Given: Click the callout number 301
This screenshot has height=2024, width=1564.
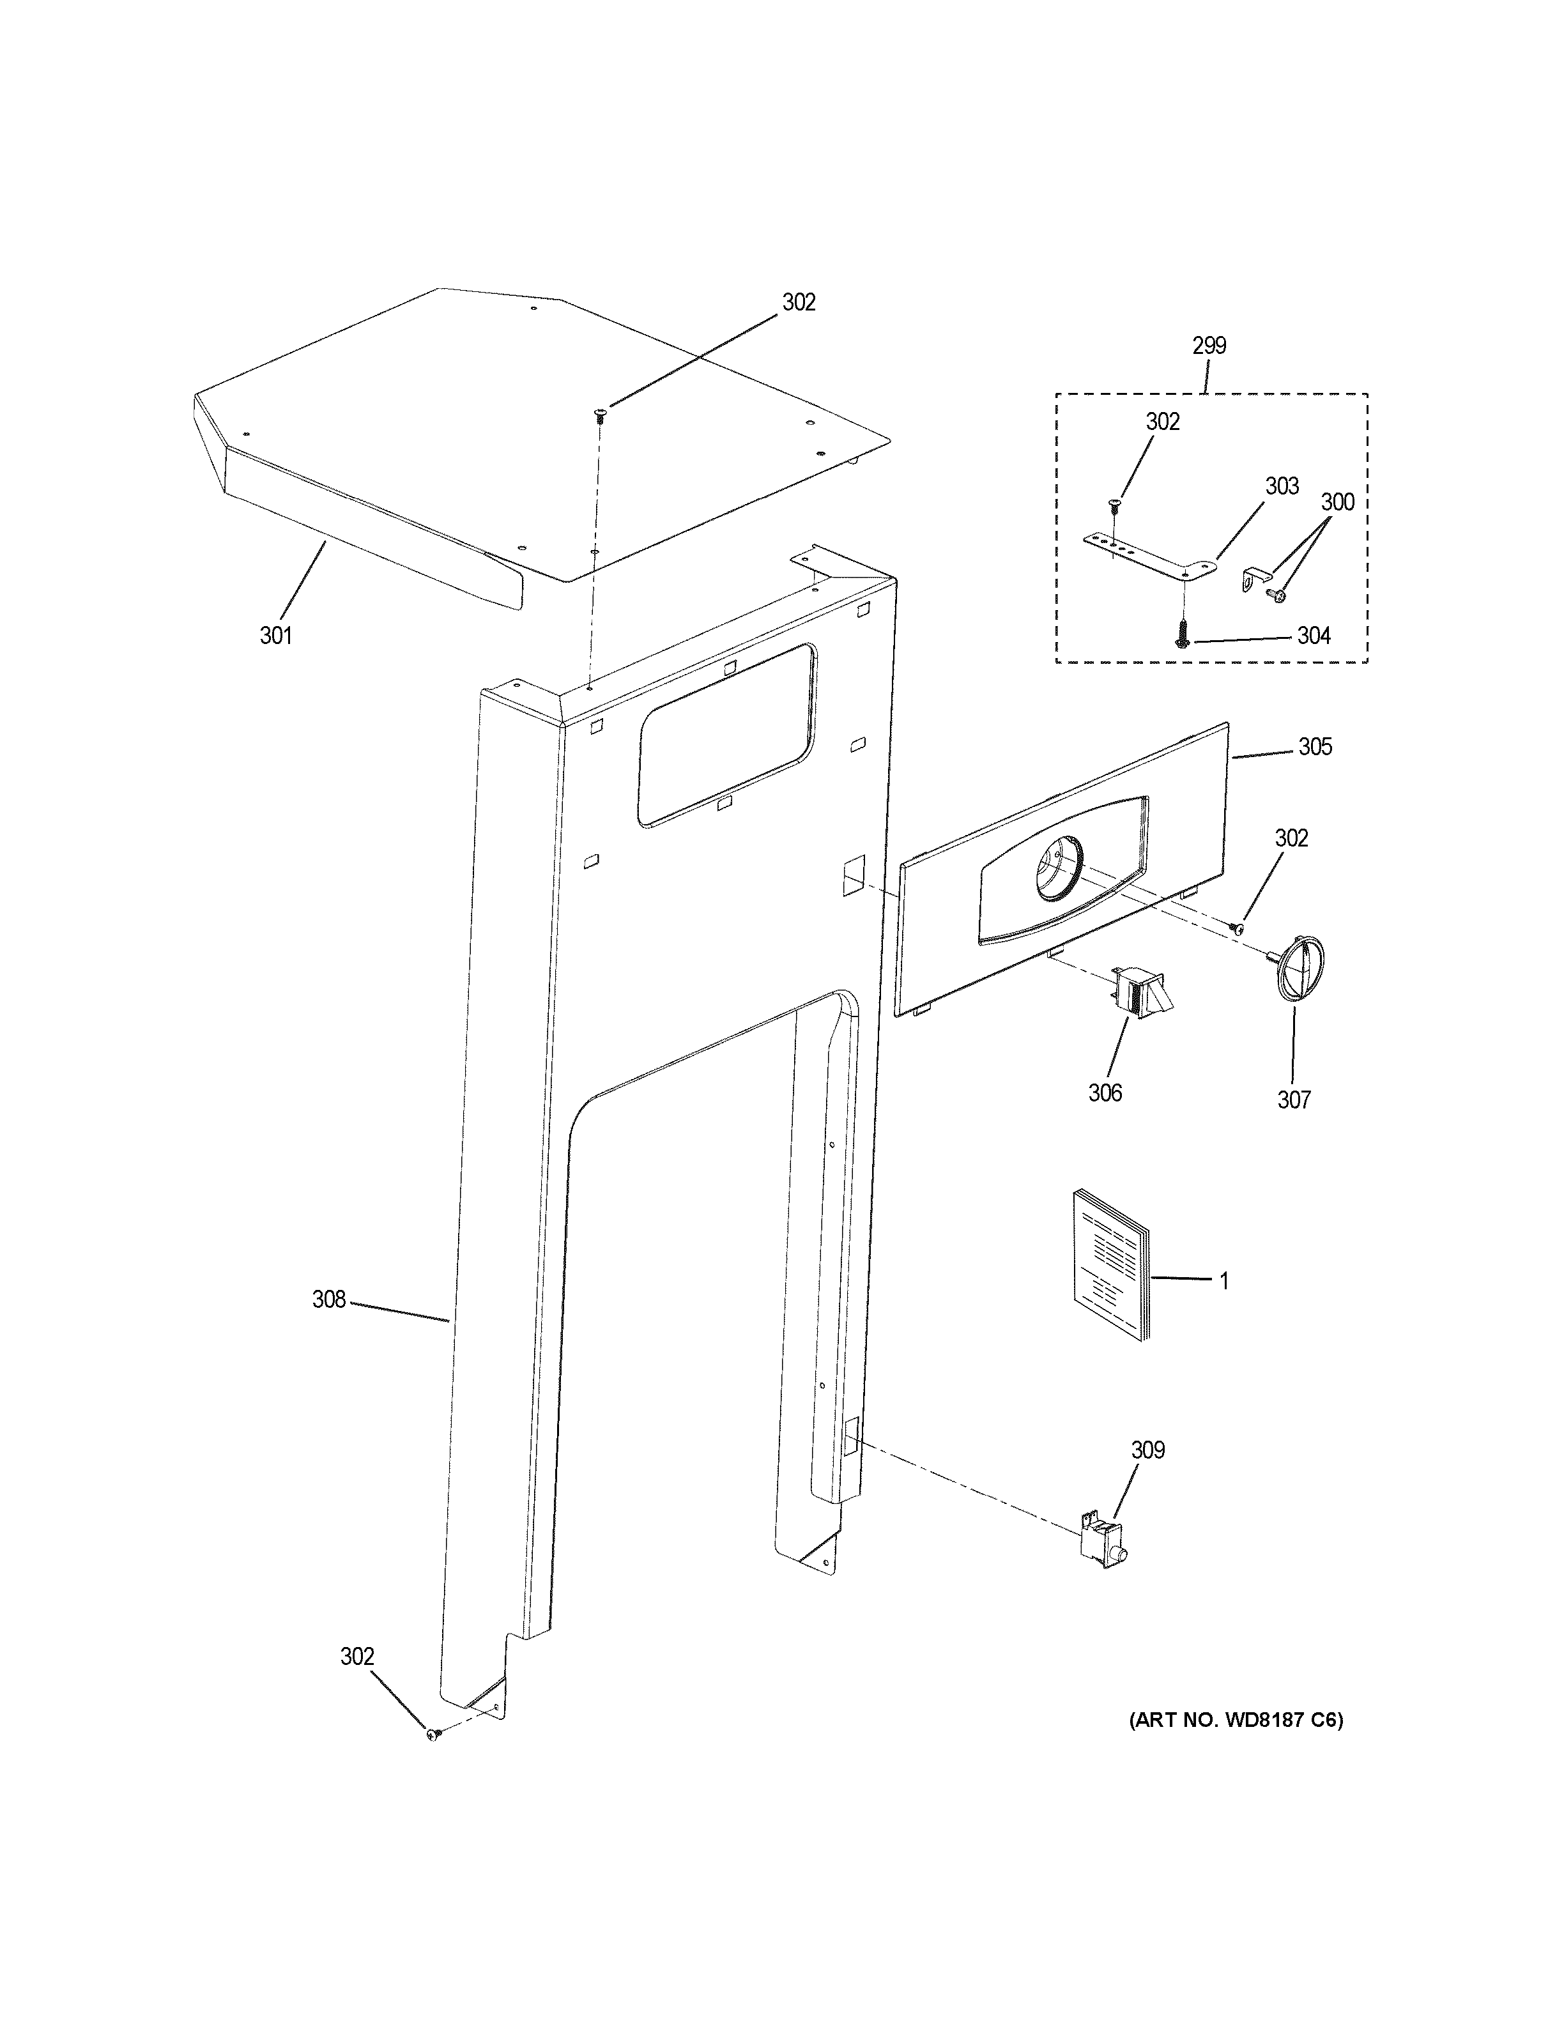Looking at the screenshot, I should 275,636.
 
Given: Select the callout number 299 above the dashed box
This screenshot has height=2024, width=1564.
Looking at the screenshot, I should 1208,346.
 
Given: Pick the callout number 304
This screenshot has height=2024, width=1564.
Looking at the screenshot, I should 1313,636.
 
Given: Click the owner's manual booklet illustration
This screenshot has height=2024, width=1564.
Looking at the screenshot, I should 1108,1266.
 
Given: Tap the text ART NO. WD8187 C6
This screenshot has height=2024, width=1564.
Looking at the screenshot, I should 1235,1720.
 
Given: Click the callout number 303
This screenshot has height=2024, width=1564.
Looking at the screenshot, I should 1282,487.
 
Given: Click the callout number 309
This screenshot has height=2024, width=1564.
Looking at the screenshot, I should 1147,1450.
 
